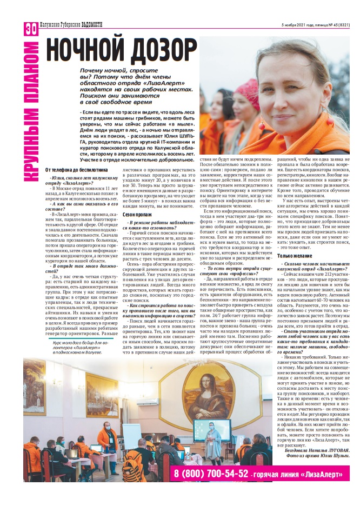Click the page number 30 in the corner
click(x=30, y=29)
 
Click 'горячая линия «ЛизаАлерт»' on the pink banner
click(x=299, y=475)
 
